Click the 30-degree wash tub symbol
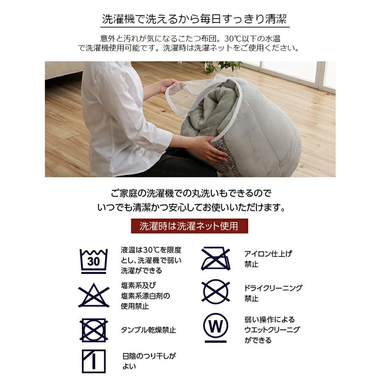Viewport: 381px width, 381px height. pyautogui.click(x=94, y=261)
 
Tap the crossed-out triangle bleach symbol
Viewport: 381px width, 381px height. pyautogui.click(x=94, y=295)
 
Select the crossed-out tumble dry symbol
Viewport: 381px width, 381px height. pyautogui.click(x=94, y=330)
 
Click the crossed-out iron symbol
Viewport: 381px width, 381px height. pyautogui.click(x=215, y=259)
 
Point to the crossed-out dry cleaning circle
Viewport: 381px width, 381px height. pyautogui.click(x=215, y=292)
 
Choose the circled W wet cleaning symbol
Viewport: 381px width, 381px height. pyautogui.click(x=215, y=327)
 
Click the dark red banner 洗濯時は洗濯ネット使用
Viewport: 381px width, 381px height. pyautogui.click(x=190, y=226)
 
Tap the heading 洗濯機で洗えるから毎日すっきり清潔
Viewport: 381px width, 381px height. pyautogui.click(x=194, y=19)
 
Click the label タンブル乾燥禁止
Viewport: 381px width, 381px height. pyautogui.click(x=149, y=330)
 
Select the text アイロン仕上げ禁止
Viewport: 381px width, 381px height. pyautogui.click(x=268, y=259)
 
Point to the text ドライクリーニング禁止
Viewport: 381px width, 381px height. pyautogui.click(x=273, y=293)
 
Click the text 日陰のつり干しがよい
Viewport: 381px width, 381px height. pyautogui.click(x=149, y=361)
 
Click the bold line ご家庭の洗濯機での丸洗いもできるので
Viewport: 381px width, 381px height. pyautogui.click(x=191, y=193)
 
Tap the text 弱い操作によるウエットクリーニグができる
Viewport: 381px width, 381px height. pyautogui.click(x=272, y=330)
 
